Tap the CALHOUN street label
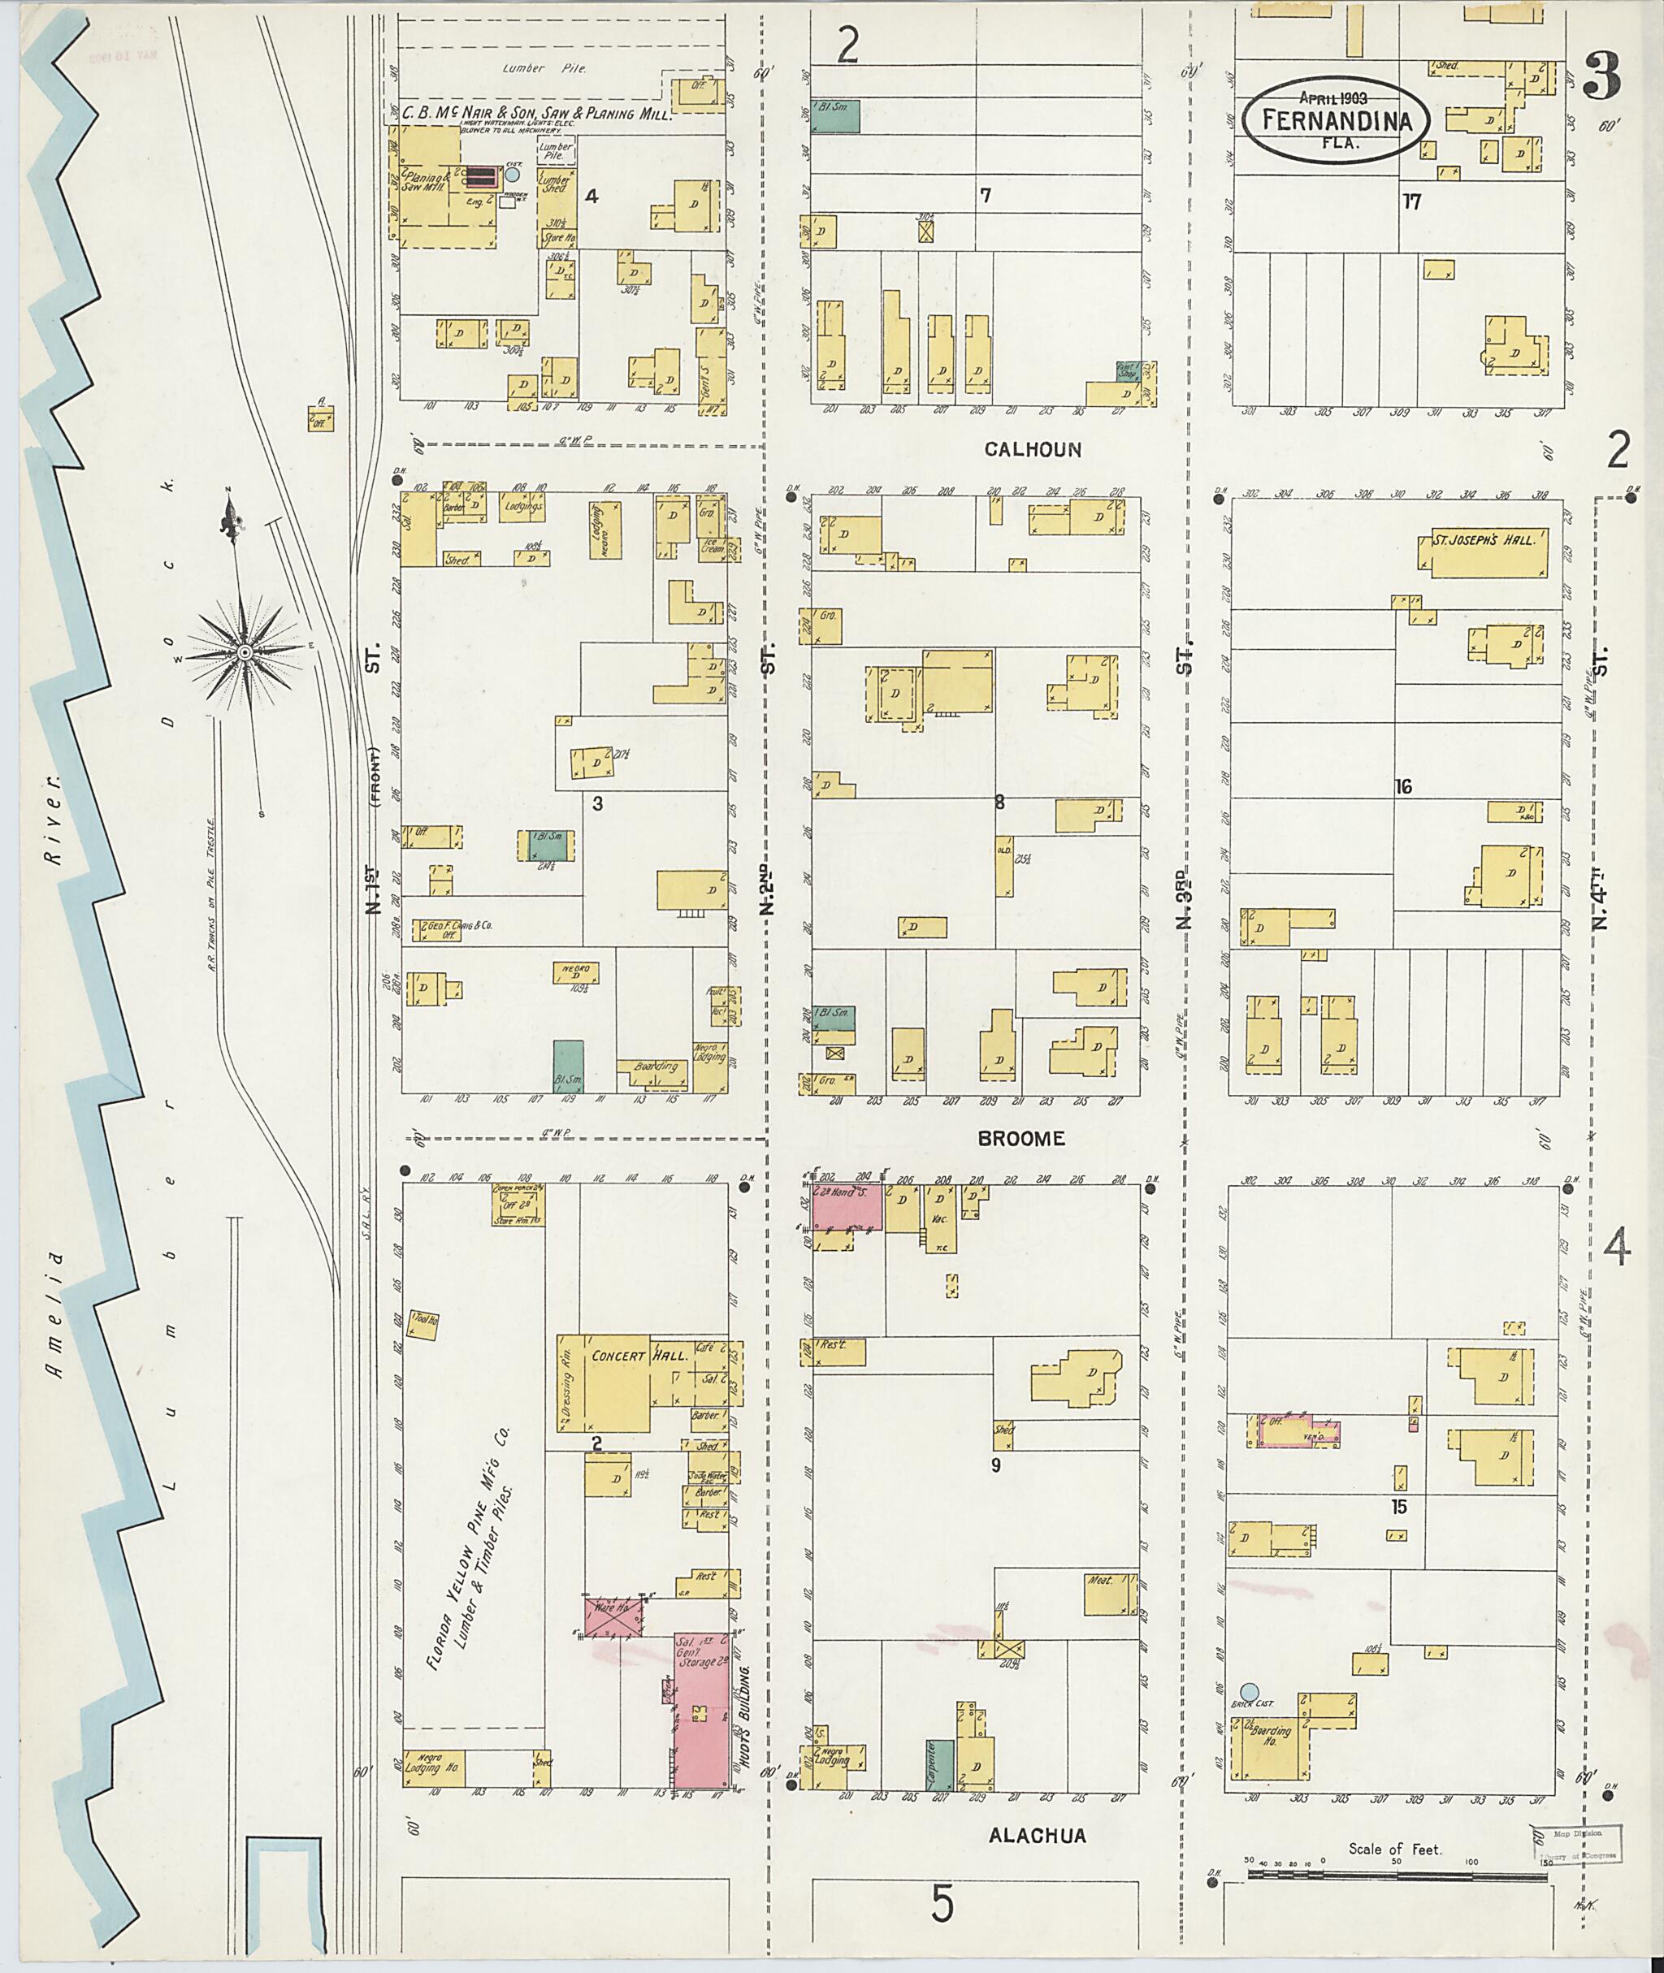tap(1033, 450)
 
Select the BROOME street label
tap(1020, 1138)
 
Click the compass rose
tap(245, 651)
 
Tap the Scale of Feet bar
tap(1396, 1875)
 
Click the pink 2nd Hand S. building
tap(847, 1207)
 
